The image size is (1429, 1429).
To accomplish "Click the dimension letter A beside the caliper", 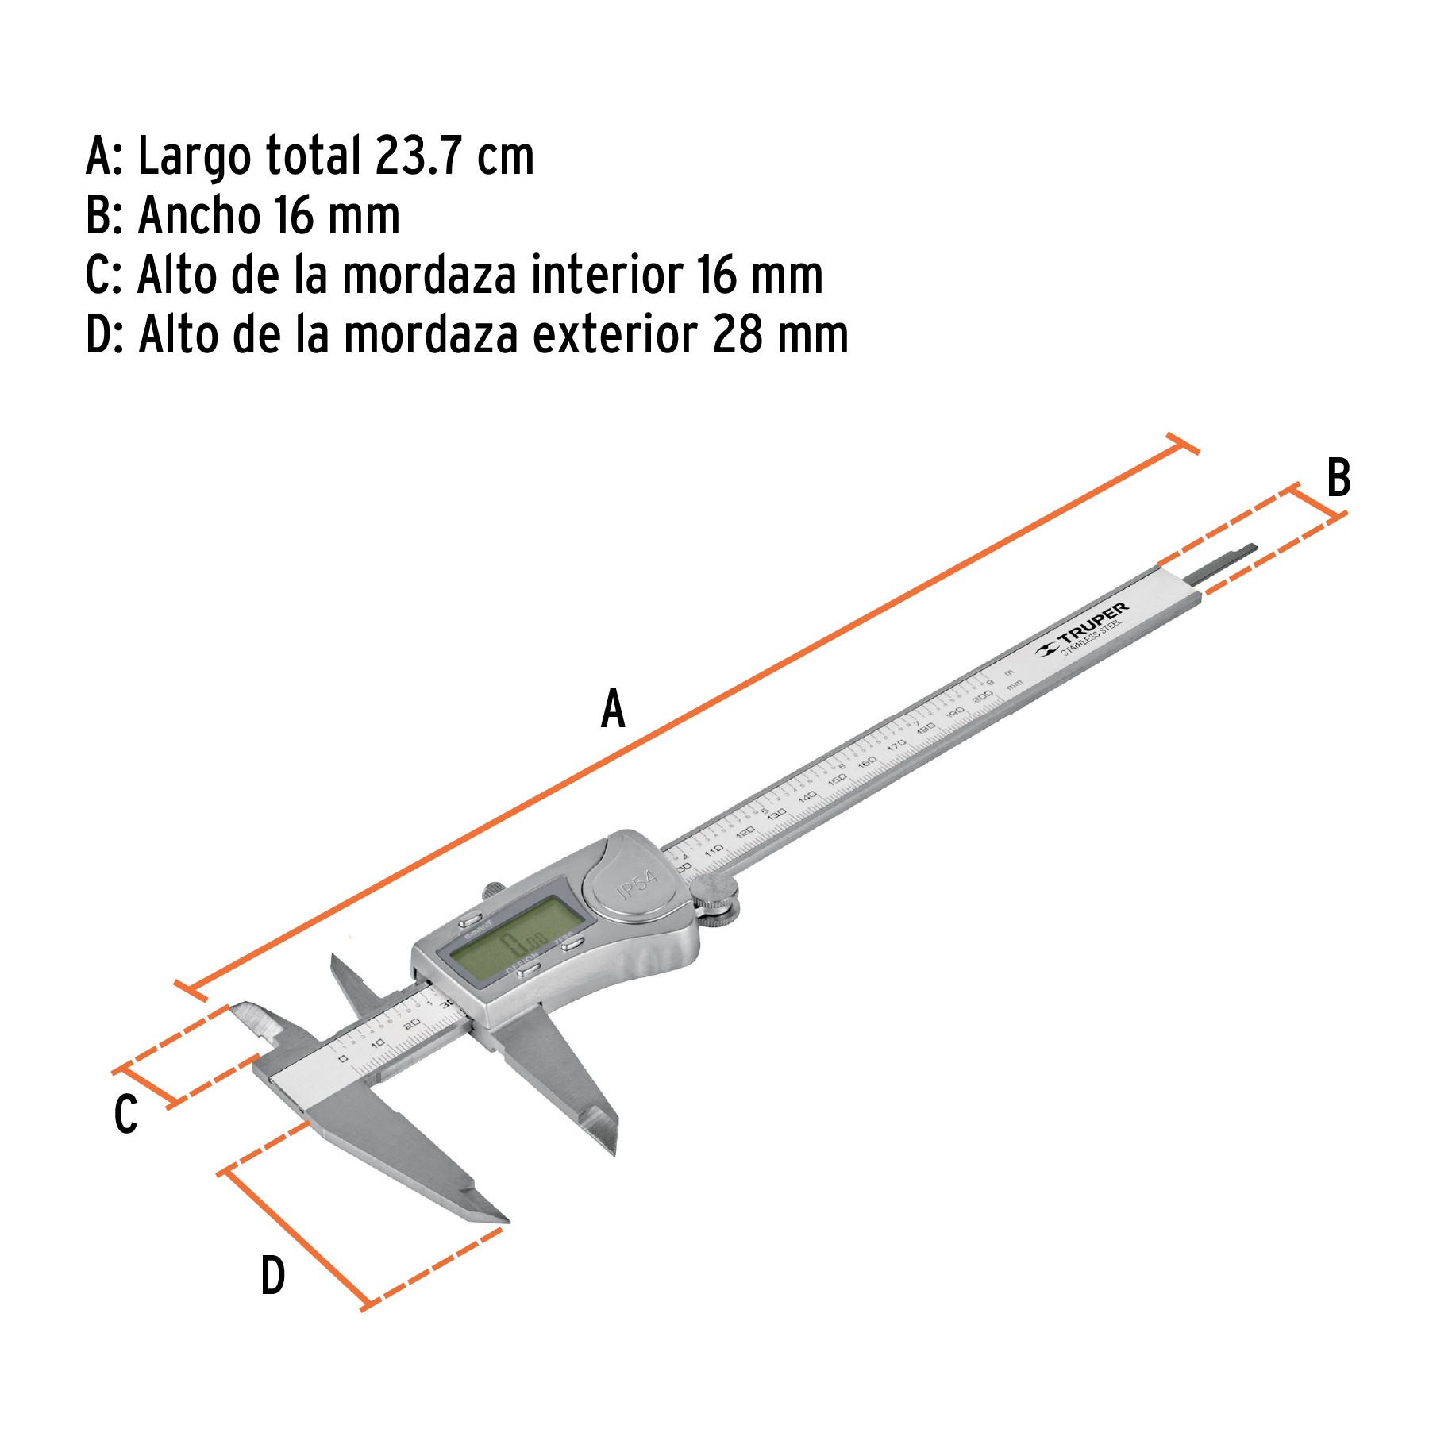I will [613, 709].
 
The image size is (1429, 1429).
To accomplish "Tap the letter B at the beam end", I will [1338, 478].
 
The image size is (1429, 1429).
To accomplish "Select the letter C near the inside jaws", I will [126, 1114].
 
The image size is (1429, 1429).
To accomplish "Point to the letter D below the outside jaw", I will [273, 1276].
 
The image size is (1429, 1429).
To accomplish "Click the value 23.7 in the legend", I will [419, 156].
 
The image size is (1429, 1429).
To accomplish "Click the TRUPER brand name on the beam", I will [1092, 622].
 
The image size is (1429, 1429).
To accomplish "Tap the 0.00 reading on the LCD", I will [524, 943].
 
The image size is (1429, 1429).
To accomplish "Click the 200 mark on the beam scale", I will [983, 696].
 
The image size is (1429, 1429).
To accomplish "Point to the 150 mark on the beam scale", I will [837, 780].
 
